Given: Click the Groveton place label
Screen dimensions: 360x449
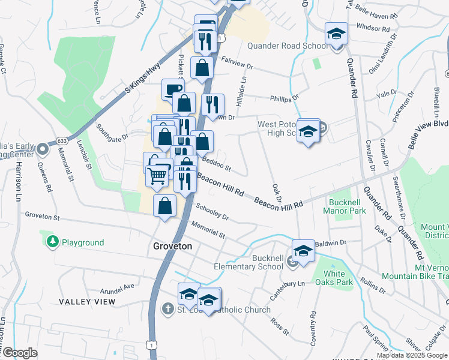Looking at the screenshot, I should tap(172, 247).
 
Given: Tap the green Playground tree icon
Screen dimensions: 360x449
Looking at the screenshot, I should tap(53, 242).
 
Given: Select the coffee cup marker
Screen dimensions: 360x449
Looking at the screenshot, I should tap(173, 91).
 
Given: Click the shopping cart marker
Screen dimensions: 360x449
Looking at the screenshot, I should tap(157, 176).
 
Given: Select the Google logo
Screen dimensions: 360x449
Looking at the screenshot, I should tap(20, 353).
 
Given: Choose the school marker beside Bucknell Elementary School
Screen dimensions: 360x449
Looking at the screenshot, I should tap(303, 252).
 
